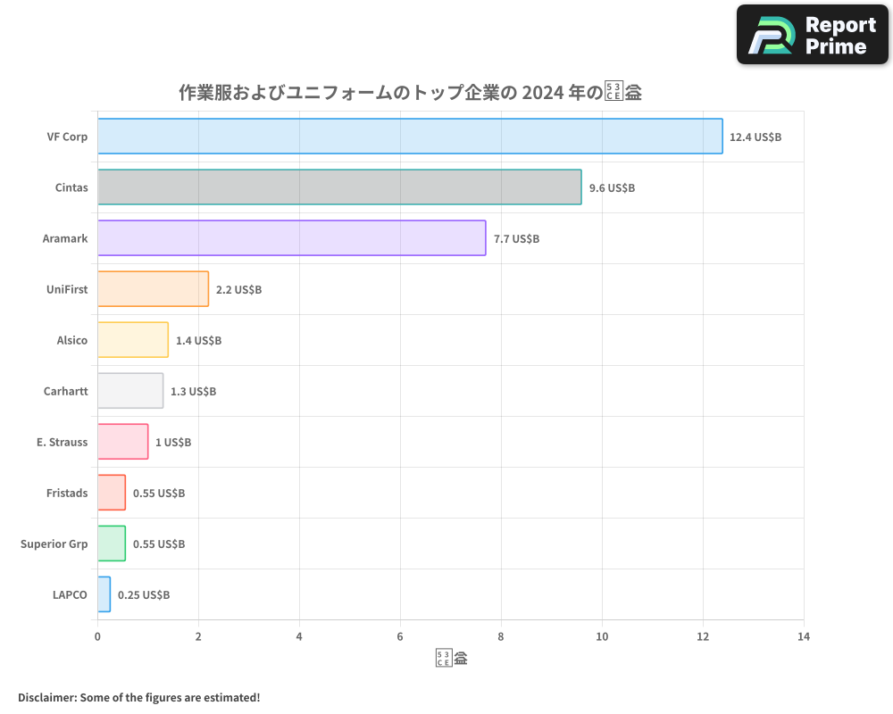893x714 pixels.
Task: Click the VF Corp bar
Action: click(410, 136)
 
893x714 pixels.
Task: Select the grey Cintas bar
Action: click(339, 187)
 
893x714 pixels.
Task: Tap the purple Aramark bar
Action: click(291, 237)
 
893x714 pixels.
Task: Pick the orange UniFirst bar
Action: click(153, 288)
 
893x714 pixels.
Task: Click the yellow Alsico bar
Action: click(132, 339)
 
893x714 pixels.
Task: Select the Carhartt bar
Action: click(130, 390)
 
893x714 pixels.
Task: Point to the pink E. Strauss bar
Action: click(122, 441)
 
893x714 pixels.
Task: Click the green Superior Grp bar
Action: click(112, 543)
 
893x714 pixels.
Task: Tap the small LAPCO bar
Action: click(104, 594)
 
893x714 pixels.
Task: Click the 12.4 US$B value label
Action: click(755, 137)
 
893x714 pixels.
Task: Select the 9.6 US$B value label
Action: click(612, 187)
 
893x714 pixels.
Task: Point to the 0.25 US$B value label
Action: click(144, 594)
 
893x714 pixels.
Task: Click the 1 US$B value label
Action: click(173, 442)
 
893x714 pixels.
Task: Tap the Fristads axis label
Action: click(67, 493)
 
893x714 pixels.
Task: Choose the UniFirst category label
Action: click(67, 289)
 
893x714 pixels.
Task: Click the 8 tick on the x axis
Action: click(501, 636)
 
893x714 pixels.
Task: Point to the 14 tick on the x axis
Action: click(804, 636)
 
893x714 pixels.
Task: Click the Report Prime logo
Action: click(813, 35)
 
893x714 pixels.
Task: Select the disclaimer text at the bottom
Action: click(138, 697)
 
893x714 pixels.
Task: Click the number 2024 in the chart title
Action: click(542, 93)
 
